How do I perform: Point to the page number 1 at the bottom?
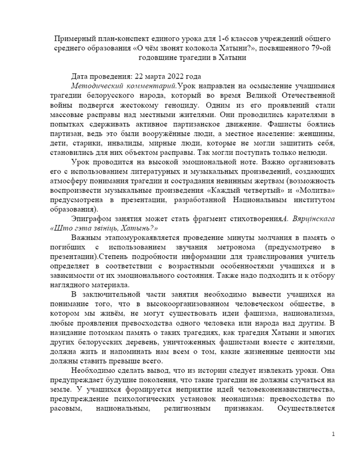pos(333,451)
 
